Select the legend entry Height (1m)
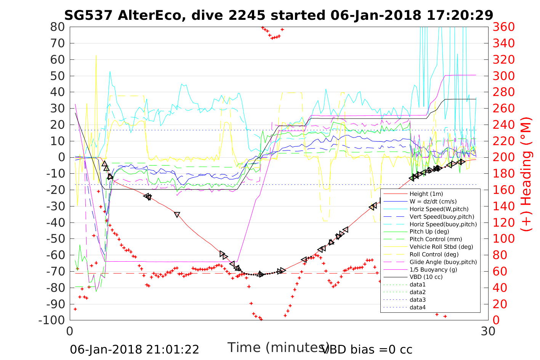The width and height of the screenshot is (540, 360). coord(426,194)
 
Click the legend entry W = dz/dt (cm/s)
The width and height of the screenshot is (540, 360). coord(433,202)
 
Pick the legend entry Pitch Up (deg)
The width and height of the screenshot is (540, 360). coord(429,232)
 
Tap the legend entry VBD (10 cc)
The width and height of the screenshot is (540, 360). coord(426,277)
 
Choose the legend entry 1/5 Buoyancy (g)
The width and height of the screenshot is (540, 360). coord(433,269)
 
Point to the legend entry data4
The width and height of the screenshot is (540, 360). coord(418,307)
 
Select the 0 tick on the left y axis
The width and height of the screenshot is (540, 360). coord(61,157)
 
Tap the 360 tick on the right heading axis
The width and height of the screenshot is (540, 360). coord(504,27)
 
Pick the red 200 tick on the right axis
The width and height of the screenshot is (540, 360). coord(504,157)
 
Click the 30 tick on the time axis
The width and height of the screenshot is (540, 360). coord(488,331)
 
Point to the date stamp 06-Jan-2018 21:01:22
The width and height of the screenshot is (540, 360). coord(135,349)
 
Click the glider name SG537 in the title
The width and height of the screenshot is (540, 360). coord(88,15)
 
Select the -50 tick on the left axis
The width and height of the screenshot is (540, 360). coord(55,239)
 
